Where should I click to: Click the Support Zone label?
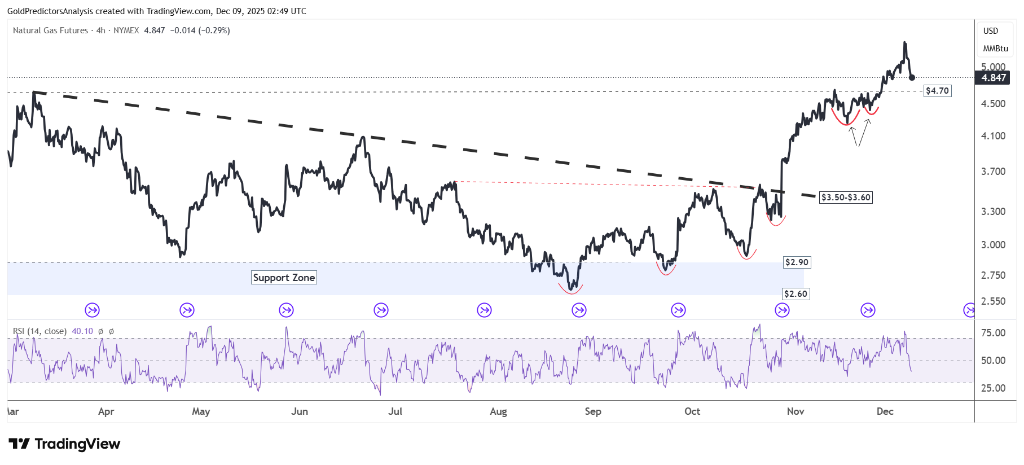(284, 278)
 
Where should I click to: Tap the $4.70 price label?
(937, 91)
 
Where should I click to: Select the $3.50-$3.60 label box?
(846, 198)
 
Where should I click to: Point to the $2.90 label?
(797, 262)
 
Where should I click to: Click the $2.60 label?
(796, 294)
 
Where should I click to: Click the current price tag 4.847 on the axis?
(994, 78)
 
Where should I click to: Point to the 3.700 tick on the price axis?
(993, 172)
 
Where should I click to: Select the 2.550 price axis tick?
(993, 301)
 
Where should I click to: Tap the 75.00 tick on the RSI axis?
(993, 333)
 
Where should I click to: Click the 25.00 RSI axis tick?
(993, 388)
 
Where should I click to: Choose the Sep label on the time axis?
(593, 411)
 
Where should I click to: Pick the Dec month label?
(885, 411)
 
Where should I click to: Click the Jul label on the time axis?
(395, 411)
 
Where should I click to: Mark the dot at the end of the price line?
(912, 77)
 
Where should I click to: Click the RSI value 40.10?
(82, 331)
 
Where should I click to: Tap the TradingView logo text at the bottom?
(77, 444)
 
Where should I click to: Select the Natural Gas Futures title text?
(50, 30)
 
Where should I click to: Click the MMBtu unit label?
(995, 49)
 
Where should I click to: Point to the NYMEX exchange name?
(126, 30)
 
